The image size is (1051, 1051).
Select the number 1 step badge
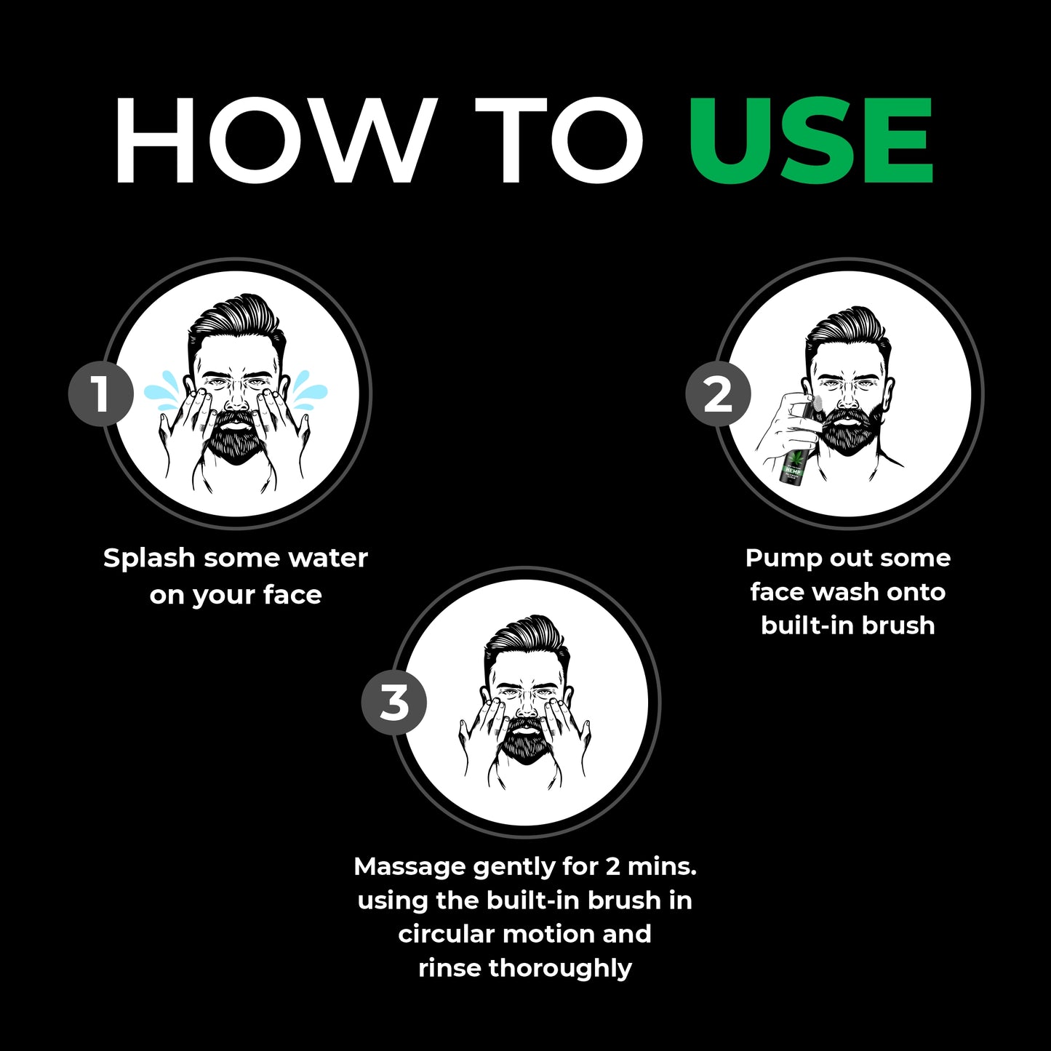pyautogui.click(x=100, y=393)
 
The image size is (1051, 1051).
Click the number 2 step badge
pyautogui.click(x=717, y=393)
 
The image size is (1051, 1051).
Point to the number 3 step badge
pyautogui.click(x=393, y=702)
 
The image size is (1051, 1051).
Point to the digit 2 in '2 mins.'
pyautogui.click(x=612, y=868)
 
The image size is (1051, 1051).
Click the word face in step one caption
pyautogui.click(x=292, y=595)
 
